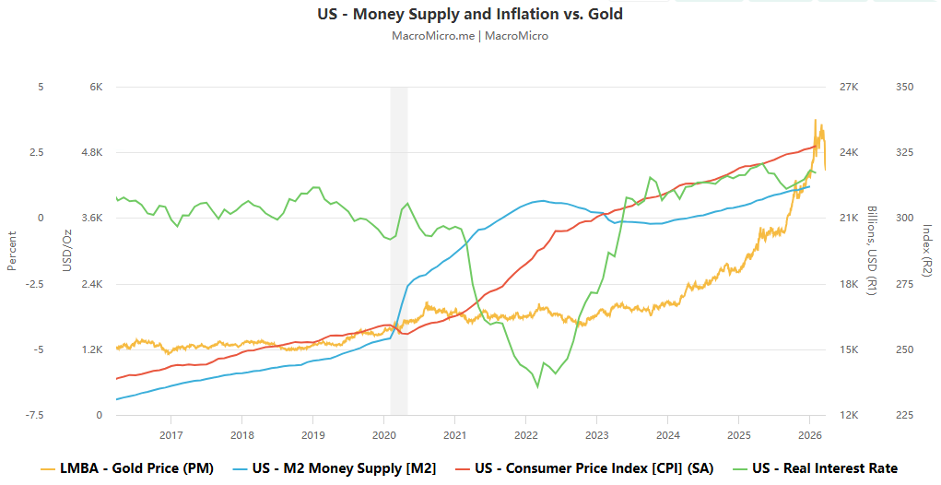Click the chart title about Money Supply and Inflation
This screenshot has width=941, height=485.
click(470, 14)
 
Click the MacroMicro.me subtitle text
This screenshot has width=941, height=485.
click(470, 36)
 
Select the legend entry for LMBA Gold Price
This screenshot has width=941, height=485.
click(128, 468)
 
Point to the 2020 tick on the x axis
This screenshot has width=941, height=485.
click(383, 433)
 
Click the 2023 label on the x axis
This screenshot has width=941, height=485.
click(596, 433)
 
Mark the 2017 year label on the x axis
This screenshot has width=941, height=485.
click(171, 433)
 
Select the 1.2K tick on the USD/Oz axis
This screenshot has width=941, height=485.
click(92, 349)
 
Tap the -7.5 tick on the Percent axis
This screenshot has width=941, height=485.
click(33, 415)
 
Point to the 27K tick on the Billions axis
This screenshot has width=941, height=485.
click(848, 87)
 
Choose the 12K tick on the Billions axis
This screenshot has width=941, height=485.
click(848, 415)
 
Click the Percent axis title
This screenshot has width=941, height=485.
click(12, 251)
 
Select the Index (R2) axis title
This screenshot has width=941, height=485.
click(927, 251)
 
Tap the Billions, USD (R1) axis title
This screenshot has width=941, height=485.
click(871, 251)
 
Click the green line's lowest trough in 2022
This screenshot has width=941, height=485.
click(537, 387)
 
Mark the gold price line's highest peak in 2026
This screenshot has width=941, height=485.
click(815, 120)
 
